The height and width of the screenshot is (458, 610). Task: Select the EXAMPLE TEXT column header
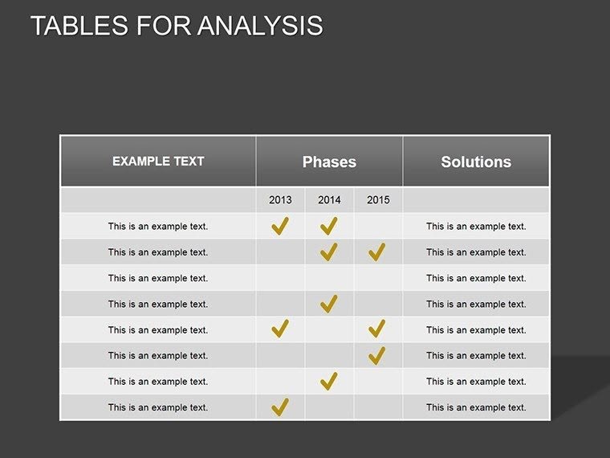coord(158,162)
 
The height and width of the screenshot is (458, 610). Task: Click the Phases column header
coord(329,162)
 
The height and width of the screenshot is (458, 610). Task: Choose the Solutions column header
coord(476,162)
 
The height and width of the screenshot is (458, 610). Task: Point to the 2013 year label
coord(281,200)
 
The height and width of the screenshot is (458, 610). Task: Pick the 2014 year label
coord(329,200)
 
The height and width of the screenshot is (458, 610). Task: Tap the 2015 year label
coord(378,200)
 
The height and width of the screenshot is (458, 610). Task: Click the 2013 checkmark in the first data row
coord(280,226)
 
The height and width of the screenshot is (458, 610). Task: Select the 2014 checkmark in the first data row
coord(328,226)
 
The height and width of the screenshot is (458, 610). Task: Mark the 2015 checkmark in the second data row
coord(377,251)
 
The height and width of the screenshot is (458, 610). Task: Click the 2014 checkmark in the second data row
coord(328,251)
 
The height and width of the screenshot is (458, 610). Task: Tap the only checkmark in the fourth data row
coord(328,304)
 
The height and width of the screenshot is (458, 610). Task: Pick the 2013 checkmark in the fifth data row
coord(280,329)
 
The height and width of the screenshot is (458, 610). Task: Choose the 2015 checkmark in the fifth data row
coord(377,329)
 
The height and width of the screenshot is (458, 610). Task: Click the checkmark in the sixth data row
coord(377,354)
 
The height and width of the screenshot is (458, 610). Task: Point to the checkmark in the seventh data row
coord(328,381)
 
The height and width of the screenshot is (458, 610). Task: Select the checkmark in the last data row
coord(280,407)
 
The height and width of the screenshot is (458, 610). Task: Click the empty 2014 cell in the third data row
coord(329,278)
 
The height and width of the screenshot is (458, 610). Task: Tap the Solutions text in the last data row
coord(476,407)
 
